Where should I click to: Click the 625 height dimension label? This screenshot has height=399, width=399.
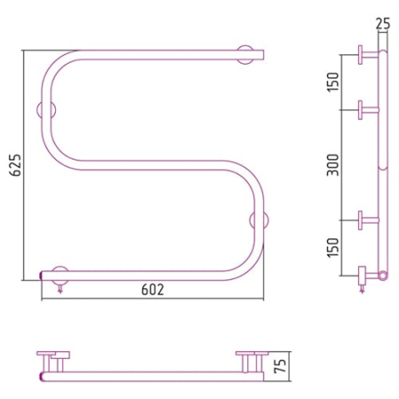[16, 165]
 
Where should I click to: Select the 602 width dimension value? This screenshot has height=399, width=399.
[153, 289]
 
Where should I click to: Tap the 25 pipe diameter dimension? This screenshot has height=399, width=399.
[383, 23]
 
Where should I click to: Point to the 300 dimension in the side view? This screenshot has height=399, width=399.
[333, 165]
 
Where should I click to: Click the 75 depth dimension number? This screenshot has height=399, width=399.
[280, 366]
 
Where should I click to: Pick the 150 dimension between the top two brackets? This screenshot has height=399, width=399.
[333, 82]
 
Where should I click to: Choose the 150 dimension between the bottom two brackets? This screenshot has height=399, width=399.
[333, 247]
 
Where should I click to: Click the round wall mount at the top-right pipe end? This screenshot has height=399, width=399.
[246, 55]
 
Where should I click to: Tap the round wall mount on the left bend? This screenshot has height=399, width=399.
[46, 110]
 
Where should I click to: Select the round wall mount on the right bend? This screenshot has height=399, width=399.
[259, 220]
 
